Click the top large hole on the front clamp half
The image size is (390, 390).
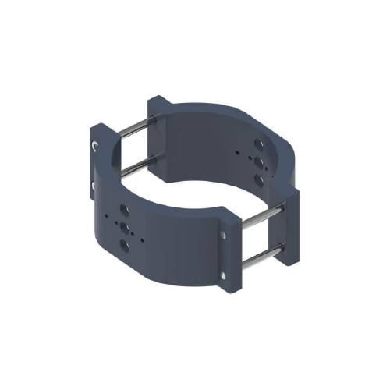122,211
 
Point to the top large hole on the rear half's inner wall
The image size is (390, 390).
258,145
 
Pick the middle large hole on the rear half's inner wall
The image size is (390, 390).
258,161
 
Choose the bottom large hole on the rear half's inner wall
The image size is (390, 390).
258,179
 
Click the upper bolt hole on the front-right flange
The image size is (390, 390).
224,235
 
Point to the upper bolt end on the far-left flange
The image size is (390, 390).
94,146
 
